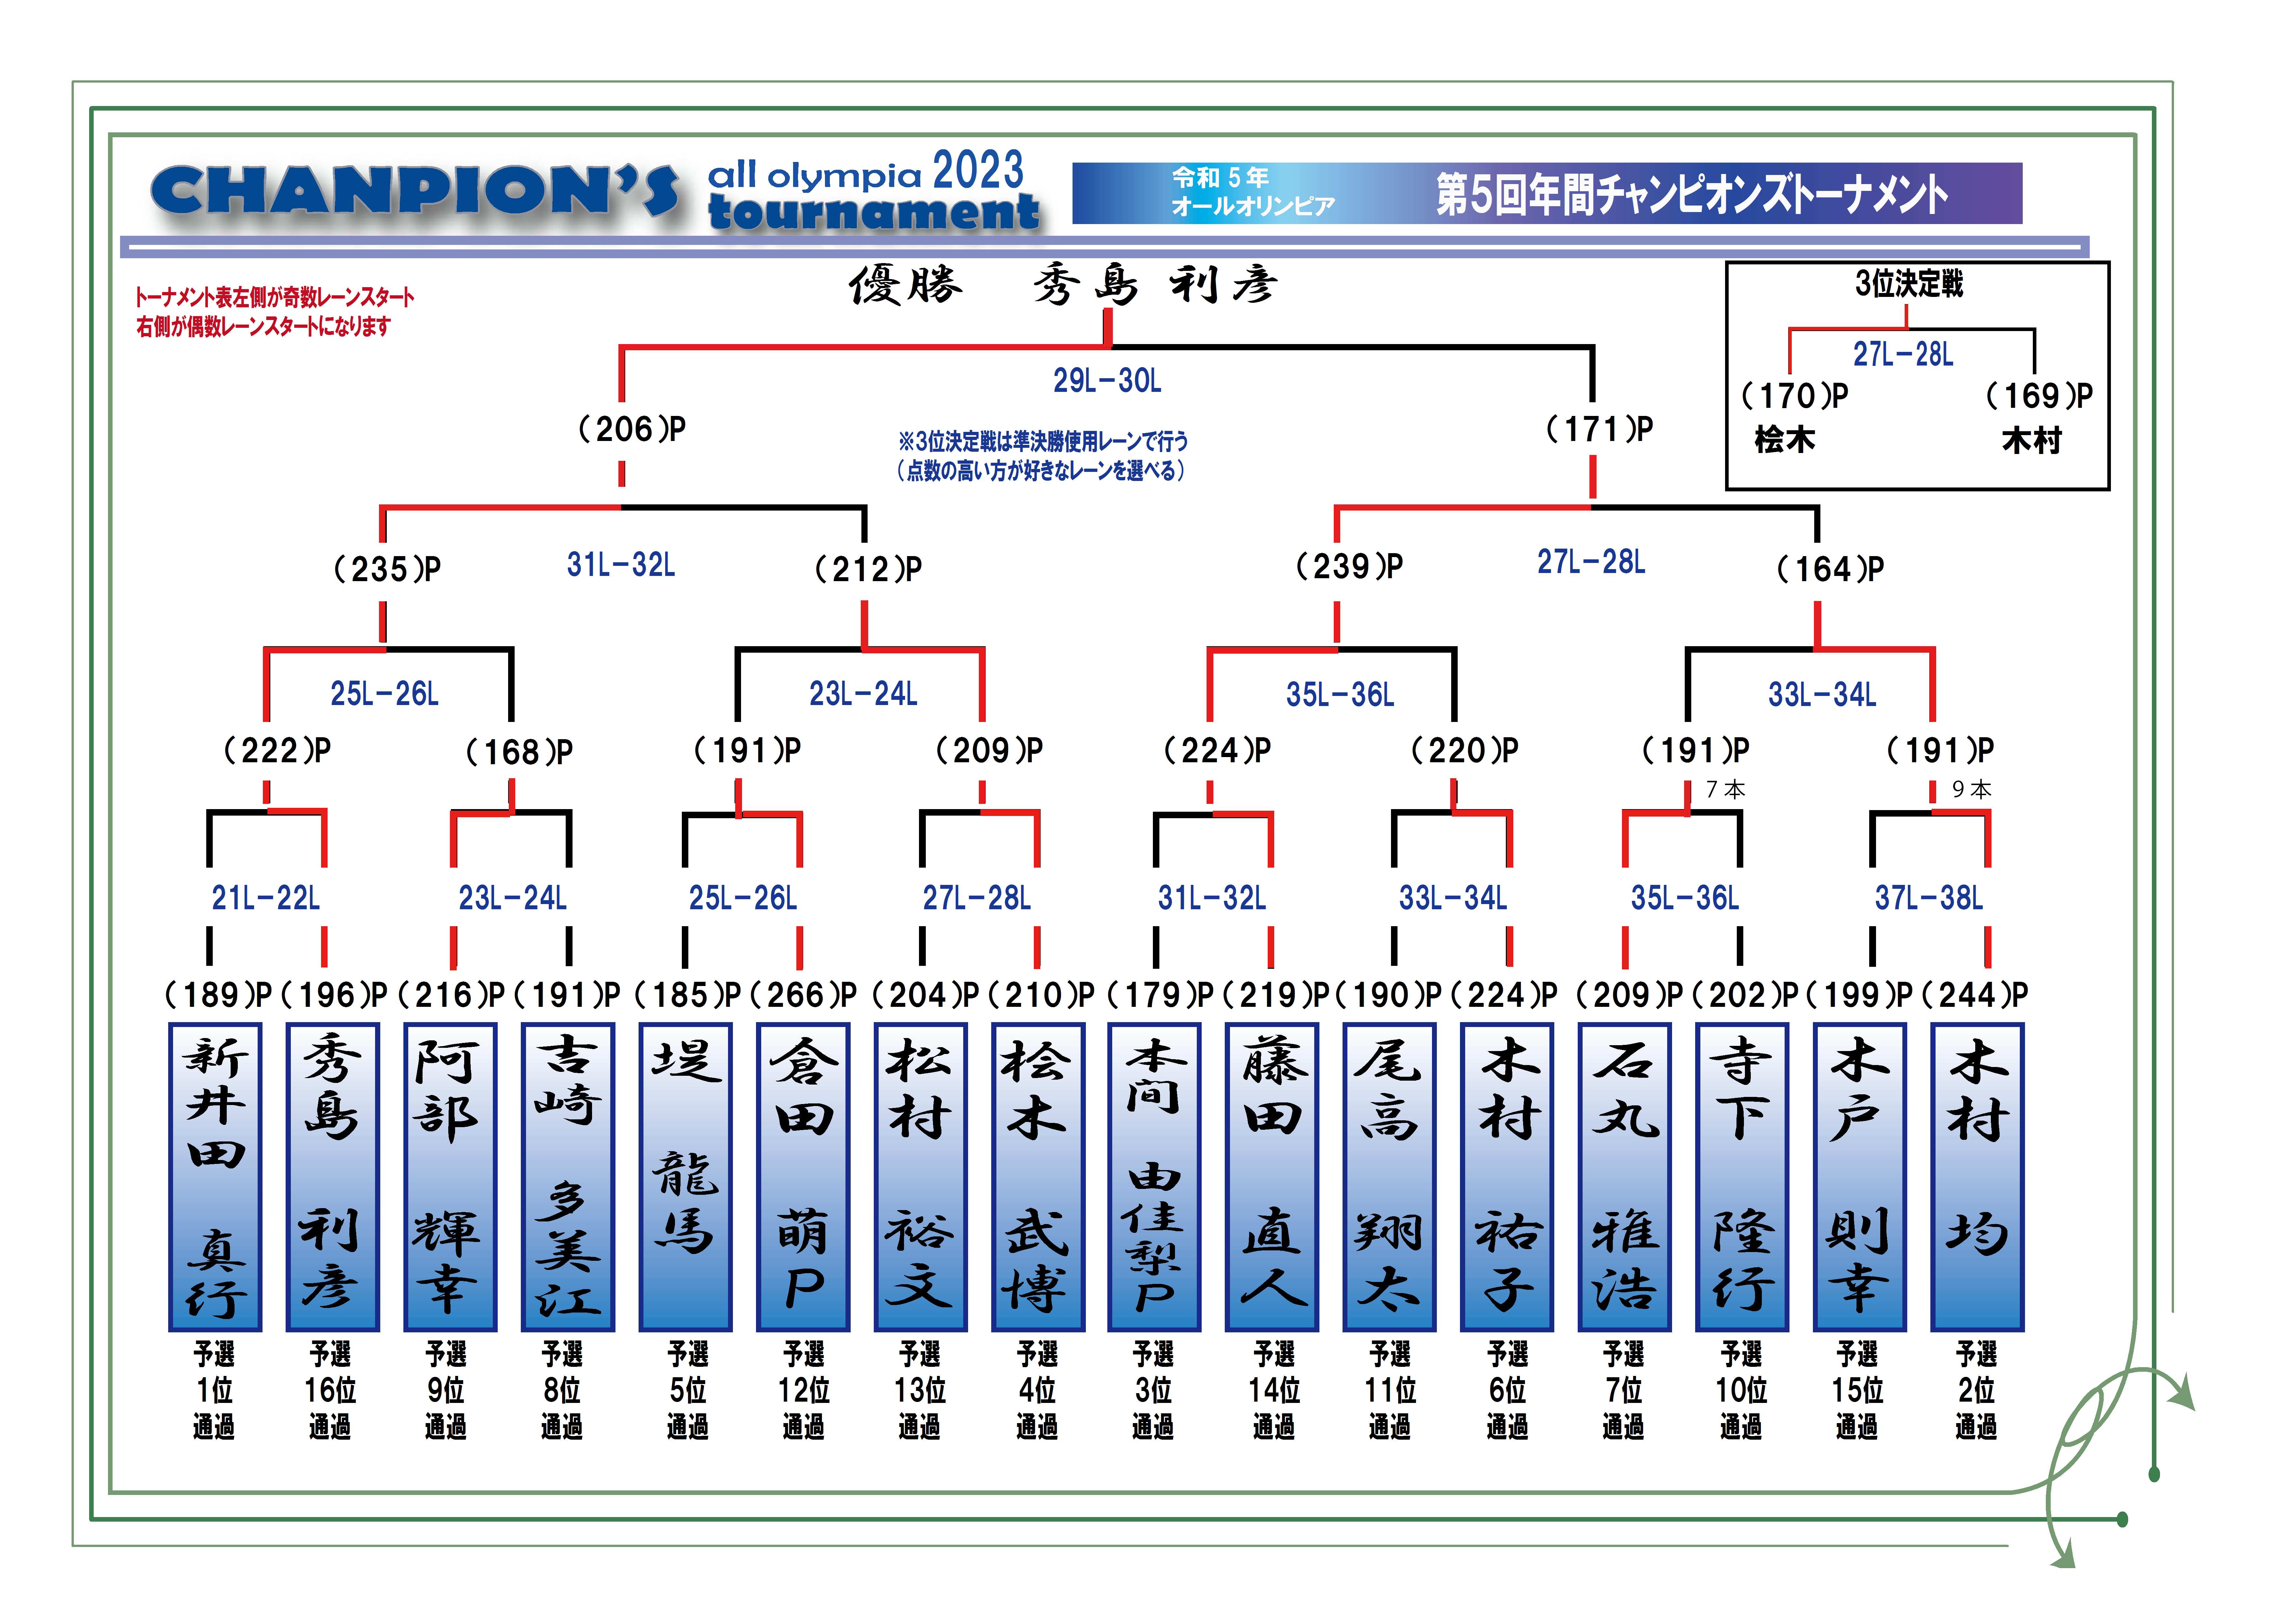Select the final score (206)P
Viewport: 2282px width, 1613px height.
(x=632, y=429)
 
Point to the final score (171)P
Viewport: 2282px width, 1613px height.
(x=1600, y=429)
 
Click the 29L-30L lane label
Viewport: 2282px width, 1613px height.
(x=1107, y=380)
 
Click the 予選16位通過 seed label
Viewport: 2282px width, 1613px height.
(x=330, y=1390)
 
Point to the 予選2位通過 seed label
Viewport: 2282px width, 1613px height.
(x=1976, y=1390)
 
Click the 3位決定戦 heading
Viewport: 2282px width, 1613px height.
(x=1908, y=284)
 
